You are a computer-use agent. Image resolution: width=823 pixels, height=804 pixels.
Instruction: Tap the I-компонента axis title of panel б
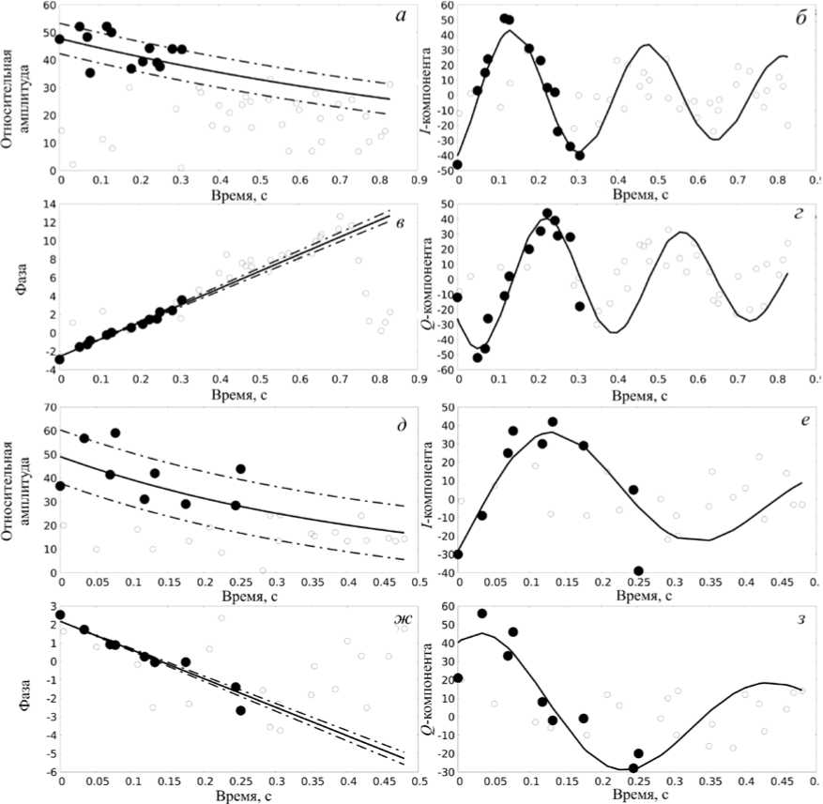(x=423, y=88)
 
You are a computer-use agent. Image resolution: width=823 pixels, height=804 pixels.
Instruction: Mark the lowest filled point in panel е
(x=638, y=571)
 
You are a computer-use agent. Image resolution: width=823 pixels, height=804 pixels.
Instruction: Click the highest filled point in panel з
(x=482, y=614)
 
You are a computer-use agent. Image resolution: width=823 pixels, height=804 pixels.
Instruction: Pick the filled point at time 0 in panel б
(x=458, y=164)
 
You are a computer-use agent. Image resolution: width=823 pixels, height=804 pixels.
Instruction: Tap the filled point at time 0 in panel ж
(x=61, y=615)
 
